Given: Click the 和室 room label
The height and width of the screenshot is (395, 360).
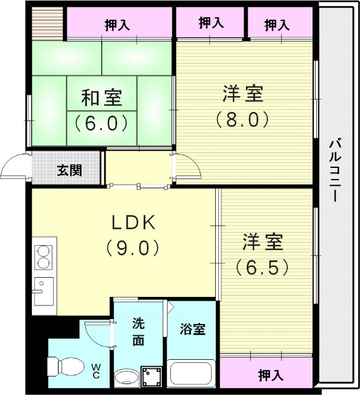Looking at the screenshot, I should tap(102, 98).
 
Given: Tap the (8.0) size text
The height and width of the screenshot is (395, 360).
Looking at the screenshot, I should tap(242, 118).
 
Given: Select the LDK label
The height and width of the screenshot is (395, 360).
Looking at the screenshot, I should tap(135, 222).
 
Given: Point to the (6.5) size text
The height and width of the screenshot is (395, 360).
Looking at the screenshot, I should tap(262, 268).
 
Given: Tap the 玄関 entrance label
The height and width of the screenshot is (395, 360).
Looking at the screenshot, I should tap(70, 170).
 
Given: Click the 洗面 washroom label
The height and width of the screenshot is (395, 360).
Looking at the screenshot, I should tap(137, 331).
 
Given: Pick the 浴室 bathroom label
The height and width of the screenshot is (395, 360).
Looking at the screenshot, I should tap(192, 329).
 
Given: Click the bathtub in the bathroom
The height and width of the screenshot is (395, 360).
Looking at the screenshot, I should tap(191, 373).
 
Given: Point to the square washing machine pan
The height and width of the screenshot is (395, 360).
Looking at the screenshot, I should tap(152, 375).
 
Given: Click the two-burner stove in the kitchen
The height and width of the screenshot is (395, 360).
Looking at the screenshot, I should tap(43, 257).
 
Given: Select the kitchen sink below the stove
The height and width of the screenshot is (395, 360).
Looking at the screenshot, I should tap(43, 290).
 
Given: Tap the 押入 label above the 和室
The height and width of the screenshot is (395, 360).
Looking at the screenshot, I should tap(117, 25).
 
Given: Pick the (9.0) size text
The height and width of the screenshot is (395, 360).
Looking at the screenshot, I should tap(135, 247).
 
